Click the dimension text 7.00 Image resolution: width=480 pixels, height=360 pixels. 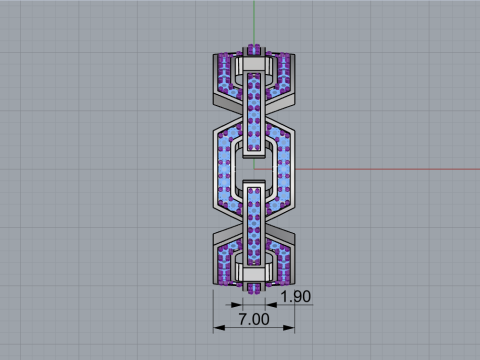pyautogui.click(x=254, y=319)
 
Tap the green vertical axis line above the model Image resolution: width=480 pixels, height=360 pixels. pyautogui.click(x=254, y=20)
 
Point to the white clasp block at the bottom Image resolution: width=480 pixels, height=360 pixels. pyautogui.click(x=254, y=272)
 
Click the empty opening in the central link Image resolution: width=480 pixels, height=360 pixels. pyautogui.click(x=254, y=166)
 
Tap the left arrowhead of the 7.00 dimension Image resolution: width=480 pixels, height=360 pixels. pyautogui.click(x=215, y=327)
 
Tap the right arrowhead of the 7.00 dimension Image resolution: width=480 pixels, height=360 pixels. pyautogui.click(x=293, y=327)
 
